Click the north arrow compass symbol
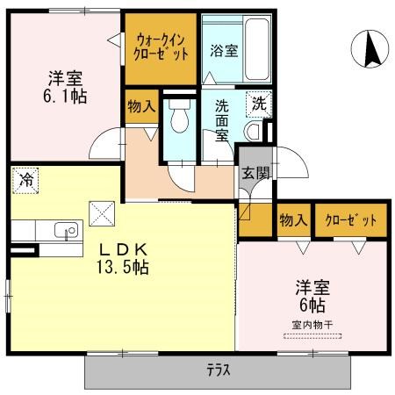(x=370, y=49)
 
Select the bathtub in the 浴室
(x=257, y=50)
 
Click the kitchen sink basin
(x=66, y=230)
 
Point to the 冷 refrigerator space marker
(x=25, y=181)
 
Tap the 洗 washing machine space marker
(x=259, y=104)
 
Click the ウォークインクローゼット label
(x=161, y=47)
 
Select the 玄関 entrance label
(x=255, y=174)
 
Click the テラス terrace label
(x=219, y=370)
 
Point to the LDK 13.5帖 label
(x=123, y=258)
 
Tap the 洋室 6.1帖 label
(x=65, y=87)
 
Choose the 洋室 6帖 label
(x=312, y=296)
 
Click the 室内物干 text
(x=312, y=325)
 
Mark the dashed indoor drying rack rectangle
(x=312, y=336)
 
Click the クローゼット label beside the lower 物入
(x=351, y=220)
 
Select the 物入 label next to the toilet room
(x=141, y=106)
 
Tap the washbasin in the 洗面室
(x=254, y=132)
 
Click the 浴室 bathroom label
(x=224, y=51)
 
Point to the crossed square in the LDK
(x=102, y=213)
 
